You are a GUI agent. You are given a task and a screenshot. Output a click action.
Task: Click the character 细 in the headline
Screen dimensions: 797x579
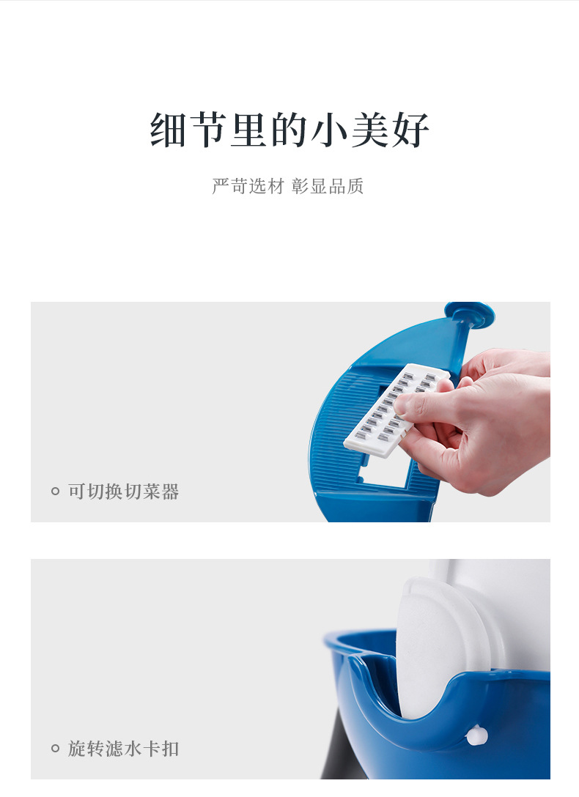(x=169, y=130)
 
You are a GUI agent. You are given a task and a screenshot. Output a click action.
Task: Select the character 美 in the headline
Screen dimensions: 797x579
(x=370, y=130)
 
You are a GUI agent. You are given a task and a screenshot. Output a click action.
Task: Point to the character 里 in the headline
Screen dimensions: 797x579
(x=249, y=130)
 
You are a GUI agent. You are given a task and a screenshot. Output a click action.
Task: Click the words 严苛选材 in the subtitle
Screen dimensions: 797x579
(x=248, y=186)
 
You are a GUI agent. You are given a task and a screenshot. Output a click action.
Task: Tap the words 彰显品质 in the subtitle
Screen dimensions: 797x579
(x=328, y=186)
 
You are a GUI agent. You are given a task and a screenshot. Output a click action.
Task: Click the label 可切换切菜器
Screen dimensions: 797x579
(x=123, y=492)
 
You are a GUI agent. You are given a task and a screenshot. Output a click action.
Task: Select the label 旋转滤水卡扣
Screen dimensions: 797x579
(x=123, y=749)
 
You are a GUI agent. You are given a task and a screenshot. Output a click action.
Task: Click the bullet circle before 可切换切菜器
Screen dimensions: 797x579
(x=55, y=492)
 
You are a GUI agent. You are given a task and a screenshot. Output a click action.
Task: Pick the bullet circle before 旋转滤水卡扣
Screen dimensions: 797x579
(x=55, y=749)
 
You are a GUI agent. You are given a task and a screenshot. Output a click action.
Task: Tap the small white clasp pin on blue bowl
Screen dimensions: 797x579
(x=477, y=735)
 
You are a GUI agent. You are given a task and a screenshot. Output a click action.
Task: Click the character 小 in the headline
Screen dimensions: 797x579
(x=330, y=130)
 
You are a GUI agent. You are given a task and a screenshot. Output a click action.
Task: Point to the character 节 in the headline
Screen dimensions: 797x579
(x=209, y=130)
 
